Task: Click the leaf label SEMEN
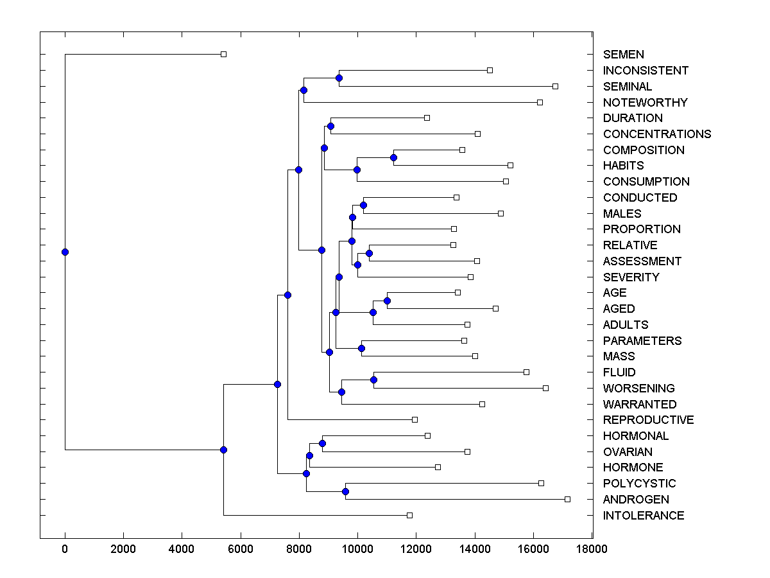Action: tap(623, 55)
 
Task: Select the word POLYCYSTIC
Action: tap(639, 483)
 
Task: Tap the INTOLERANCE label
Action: tap(644, 515)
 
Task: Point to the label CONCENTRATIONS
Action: tap(657, 134)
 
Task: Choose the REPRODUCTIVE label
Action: tap(648, 420)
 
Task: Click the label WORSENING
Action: tap(638, 388)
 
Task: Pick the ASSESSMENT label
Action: tap(642, 261)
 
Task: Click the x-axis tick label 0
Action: tap(65, 548)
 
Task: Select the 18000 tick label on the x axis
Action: tap(591, 548)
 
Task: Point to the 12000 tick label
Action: tap(416, 548)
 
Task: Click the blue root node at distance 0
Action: tap(65, 252)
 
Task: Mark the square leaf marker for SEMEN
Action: tap(223, 54)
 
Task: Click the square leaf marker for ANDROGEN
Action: tap(567, 499)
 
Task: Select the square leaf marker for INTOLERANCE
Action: tap(409, 515)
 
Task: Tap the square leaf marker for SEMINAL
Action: tap(555, 86)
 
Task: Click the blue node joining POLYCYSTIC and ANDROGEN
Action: tap(345, 491)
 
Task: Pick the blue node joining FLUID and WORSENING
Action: tap(373, 380)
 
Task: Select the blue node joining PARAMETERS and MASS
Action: tap(361, 348)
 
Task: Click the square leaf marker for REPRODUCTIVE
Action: tap(415, 419)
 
